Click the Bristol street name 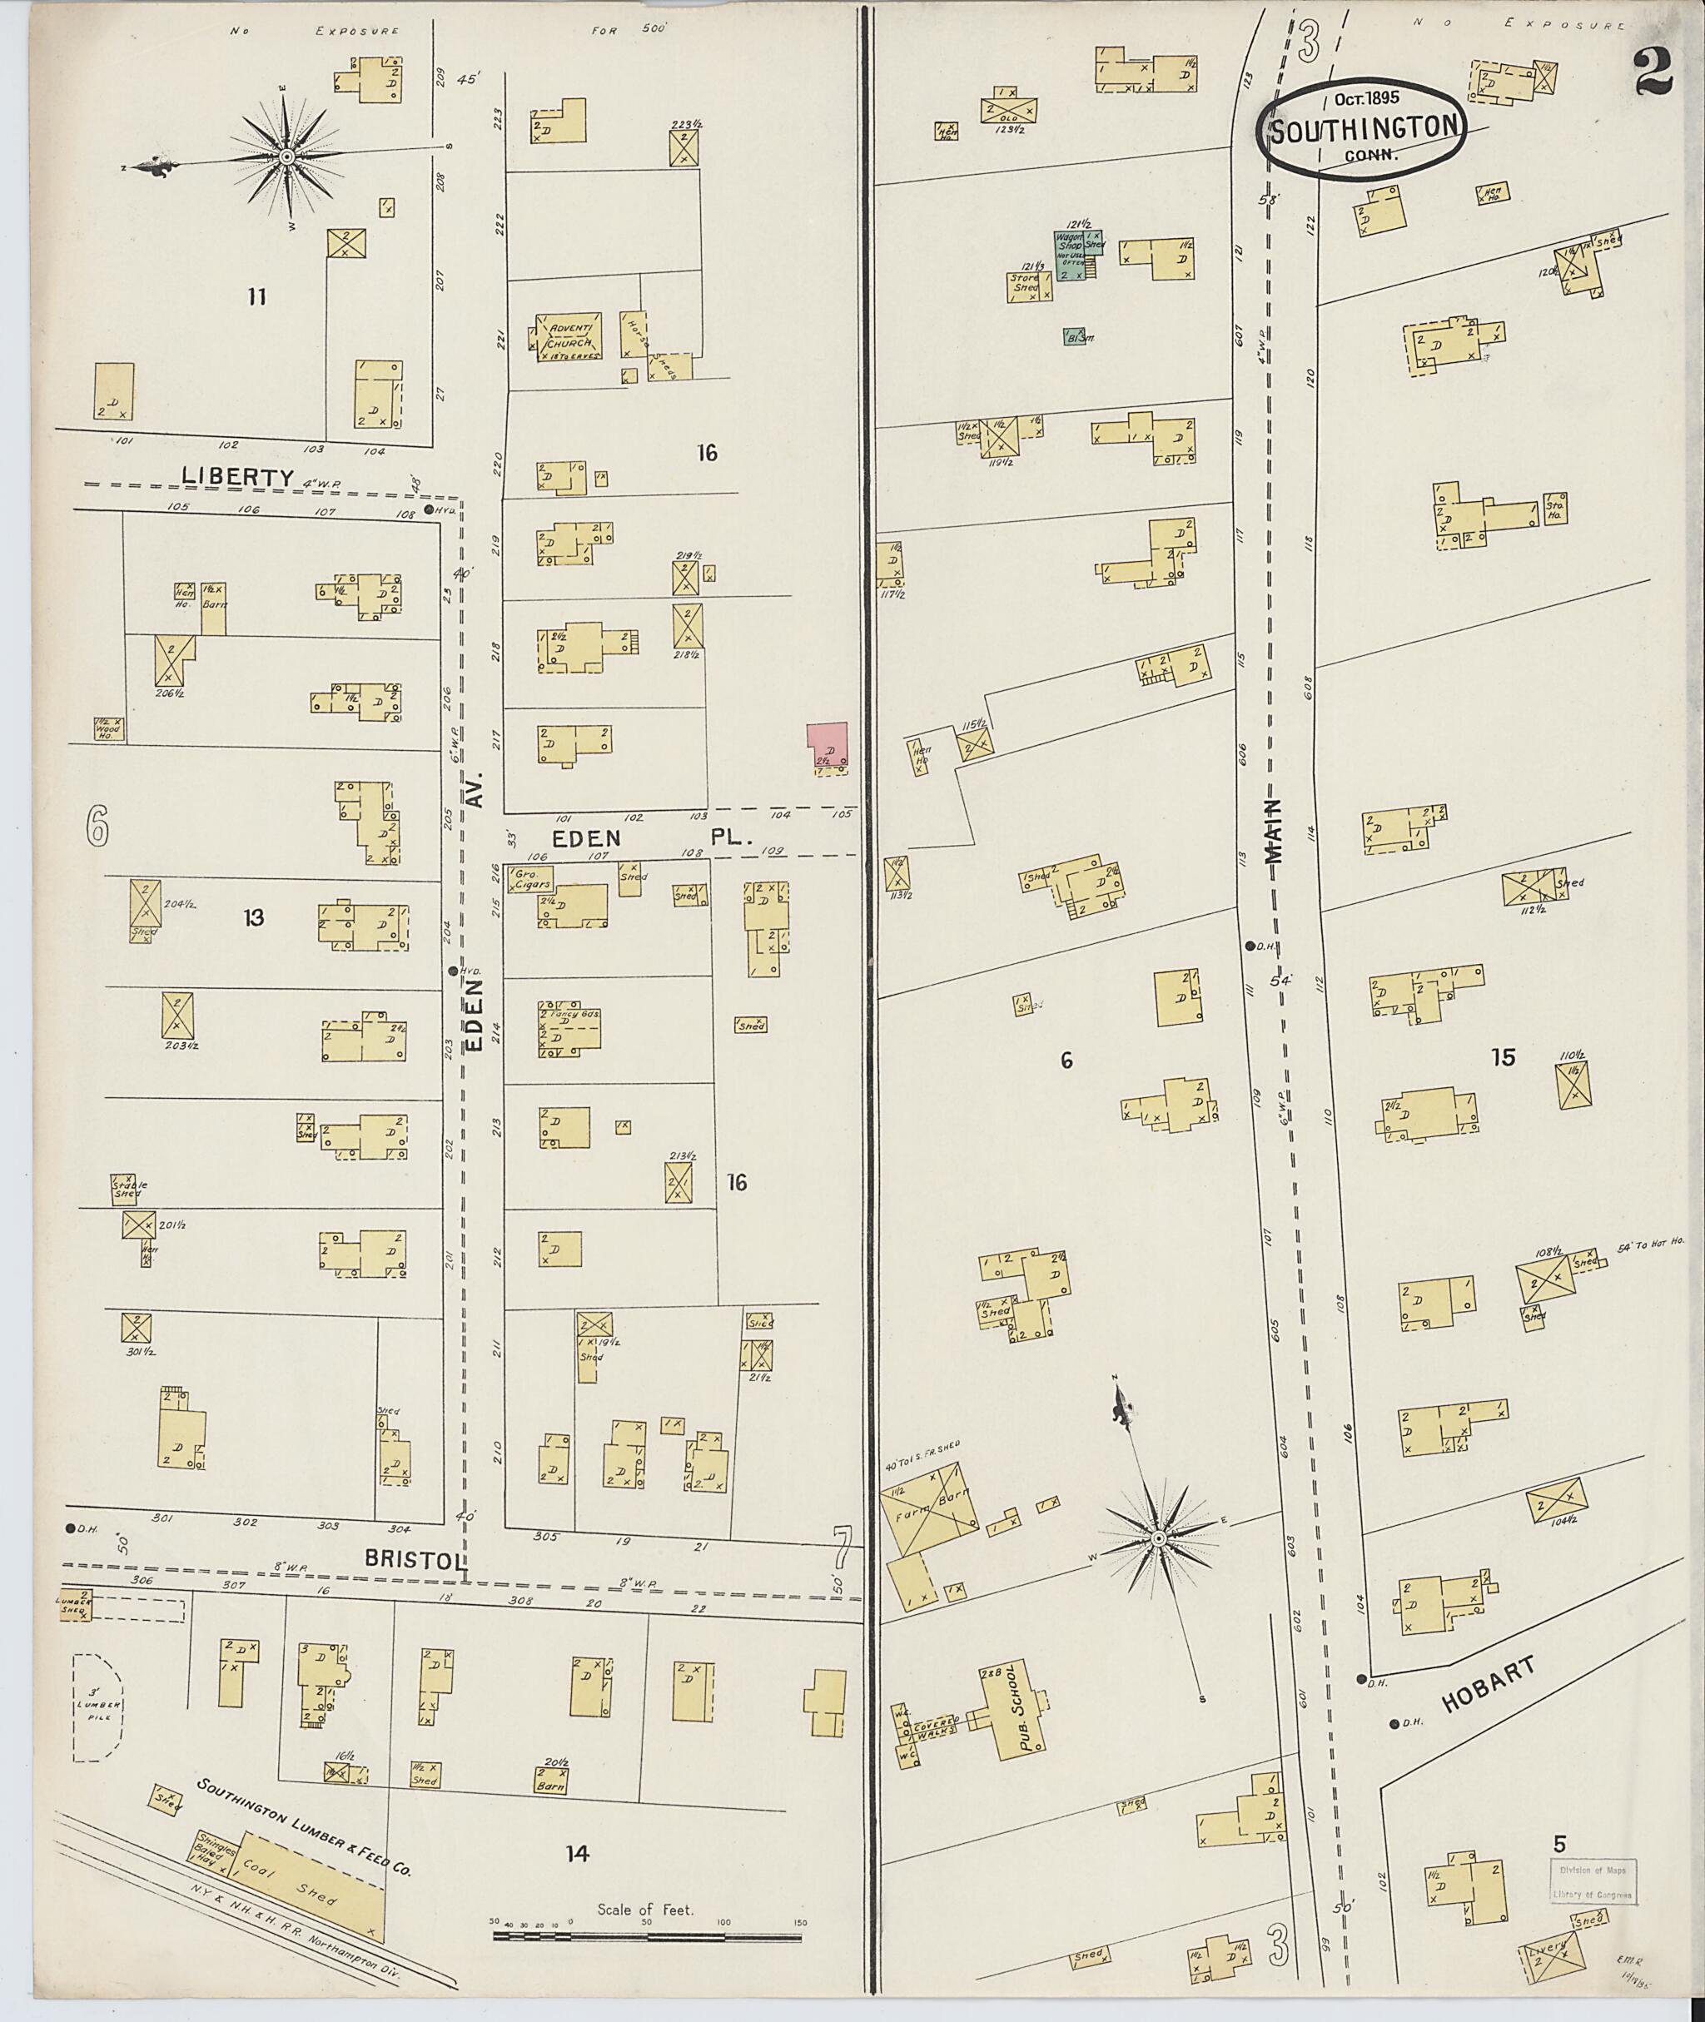(x=415, y=1559)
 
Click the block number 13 (x=253, y=917)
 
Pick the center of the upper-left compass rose (x=286, y=156)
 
